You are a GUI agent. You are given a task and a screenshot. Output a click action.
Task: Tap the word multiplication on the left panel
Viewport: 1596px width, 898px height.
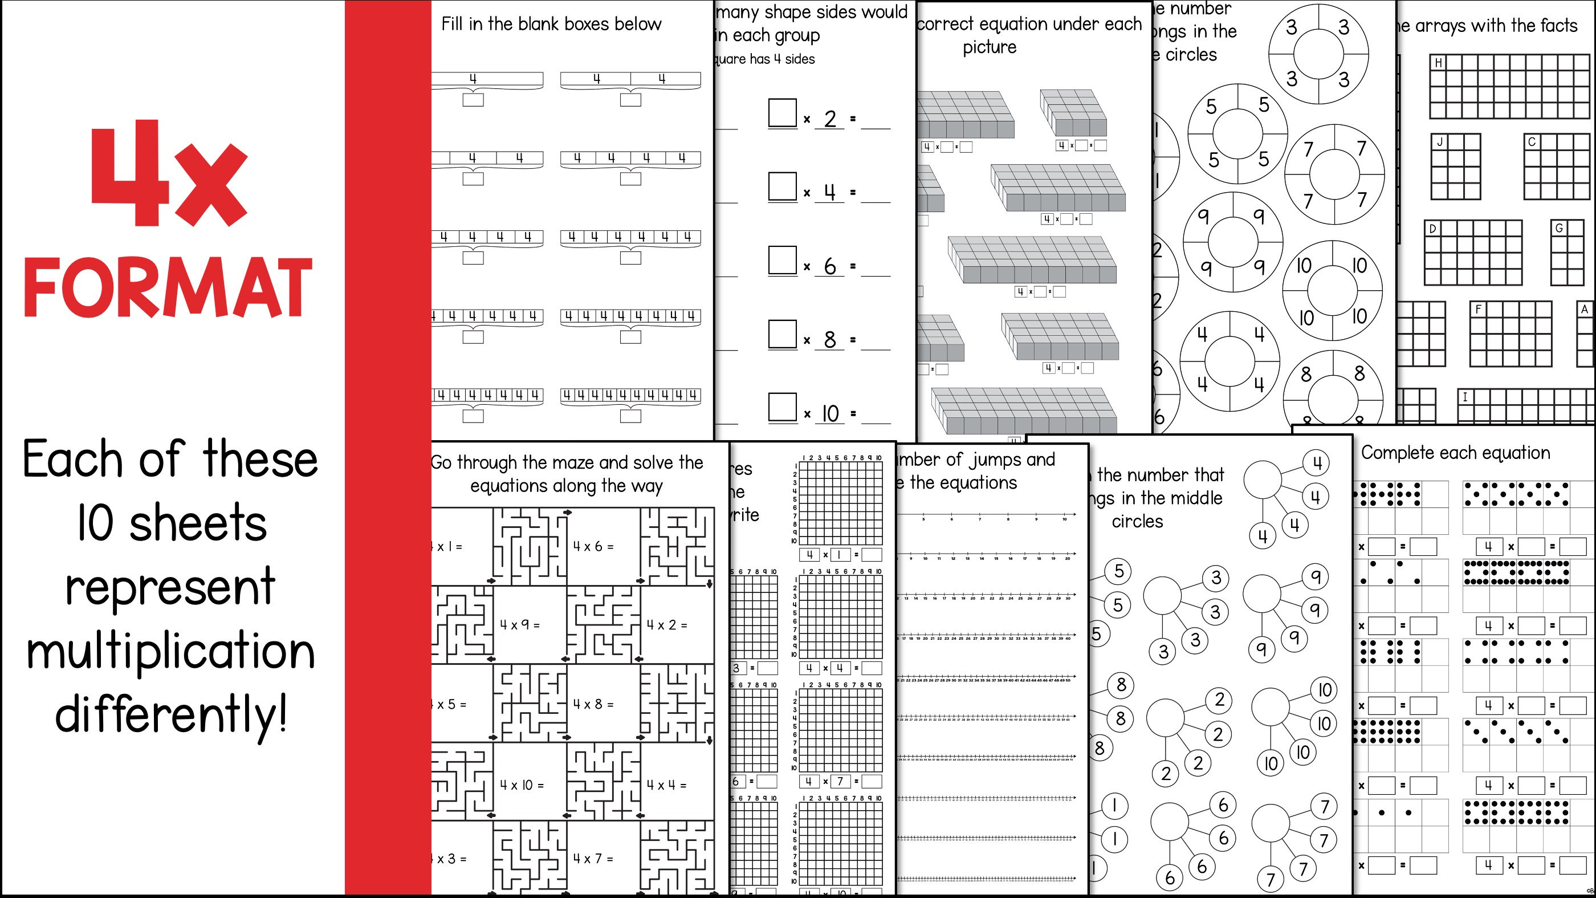click(x=171, y=652)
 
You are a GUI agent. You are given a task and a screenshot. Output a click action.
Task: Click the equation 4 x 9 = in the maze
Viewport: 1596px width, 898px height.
click(x=520, y=625)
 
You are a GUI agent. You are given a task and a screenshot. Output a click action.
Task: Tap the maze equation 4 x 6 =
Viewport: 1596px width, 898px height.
click(x=593, y=547)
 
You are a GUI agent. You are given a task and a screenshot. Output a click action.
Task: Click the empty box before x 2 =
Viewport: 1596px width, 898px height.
click(x=782, y=113)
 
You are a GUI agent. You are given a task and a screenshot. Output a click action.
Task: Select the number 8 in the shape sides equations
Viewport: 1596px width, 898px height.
click(x=829, y=340)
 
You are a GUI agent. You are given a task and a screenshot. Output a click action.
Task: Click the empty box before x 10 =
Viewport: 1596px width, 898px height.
click(x=782, y=407)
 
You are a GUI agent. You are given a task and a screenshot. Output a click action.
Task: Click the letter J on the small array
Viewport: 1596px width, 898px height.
click(x=1440, y=142)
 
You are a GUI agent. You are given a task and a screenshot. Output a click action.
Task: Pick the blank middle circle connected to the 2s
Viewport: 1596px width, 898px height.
click(x=1166, y=718)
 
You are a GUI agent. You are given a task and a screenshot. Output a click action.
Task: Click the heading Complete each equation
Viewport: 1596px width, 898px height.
click(x=1455, y=453)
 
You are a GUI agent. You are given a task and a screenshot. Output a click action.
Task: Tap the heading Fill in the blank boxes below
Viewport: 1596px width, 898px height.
click(x=551, y=24)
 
